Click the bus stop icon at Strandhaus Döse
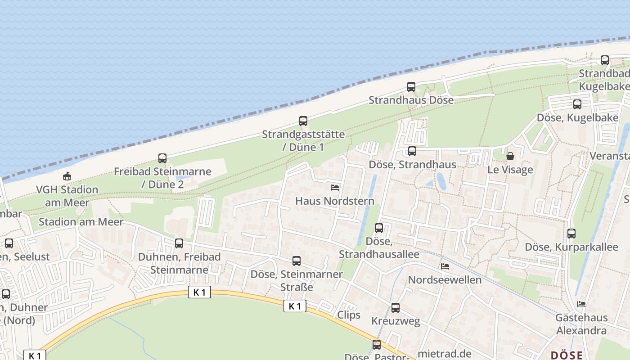click(x=411, y=87)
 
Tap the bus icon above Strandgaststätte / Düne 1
click(x=303, y=121)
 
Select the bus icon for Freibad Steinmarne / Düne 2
click(x=162, y=158)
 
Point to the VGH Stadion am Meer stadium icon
click(x=67, y=176)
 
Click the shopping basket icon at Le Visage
click(x=510, y=156)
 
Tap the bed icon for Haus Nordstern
click(x=335, y=187)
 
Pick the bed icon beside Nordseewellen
click(x=445, y=266)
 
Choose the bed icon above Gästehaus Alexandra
click(x=581, y=304)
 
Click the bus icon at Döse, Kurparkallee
click(x=571, y=234)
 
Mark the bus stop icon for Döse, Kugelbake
click(x=577, y=104)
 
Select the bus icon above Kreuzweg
click(x=396, y=308)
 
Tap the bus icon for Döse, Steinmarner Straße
click(x=297, y=261)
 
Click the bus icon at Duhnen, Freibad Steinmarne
click(x=179, y=243)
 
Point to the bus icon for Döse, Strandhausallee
click(x=379, y=228)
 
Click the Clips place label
click(x=349, y=315)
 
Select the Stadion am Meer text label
click(x=81, y=222)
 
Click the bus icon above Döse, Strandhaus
click(x=412, y=151)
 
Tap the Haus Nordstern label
click(x=334, y=201)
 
